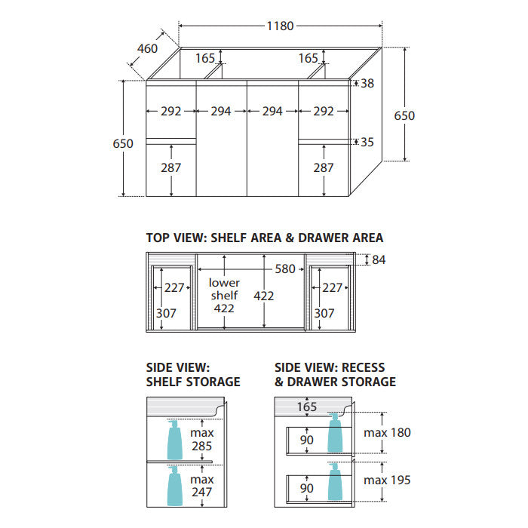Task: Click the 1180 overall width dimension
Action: click(280, 26)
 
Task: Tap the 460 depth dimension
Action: click(148, 49)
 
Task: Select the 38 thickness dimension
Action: click(367, 83)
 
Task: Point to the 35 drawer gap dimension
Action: click(367, 142)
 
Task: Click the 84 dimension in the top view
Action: click(379, 259)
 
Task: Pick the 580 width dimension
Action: click(285, 269)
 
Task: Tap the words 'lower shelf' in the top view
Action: click(224, 289)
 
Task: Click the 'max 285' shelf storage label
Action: click(202, 439)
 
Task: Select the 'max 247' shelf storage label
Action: click(202, 486)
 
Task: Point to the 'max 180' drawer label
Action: click(387, 433)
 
